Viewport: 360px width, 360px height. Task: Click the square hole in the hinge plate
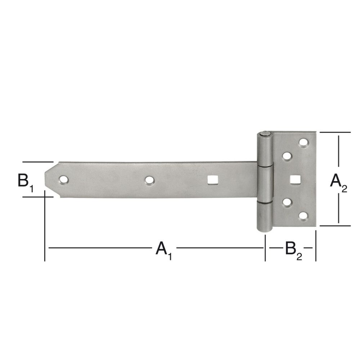295,179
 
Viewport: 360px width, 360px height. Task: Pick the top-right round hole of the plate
304,143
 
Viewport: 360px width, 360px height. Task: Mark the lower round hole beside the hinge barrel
287,202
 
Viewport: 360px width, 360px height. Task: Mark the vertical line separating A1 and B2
265,248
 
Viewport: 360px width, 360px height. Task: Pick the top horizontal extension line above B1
37,162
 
